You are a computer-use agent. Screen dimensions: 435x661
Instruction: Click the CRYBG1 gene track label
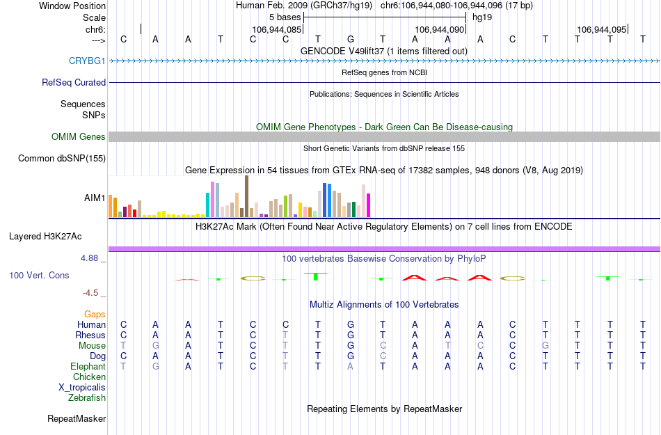click(x=87, y=61)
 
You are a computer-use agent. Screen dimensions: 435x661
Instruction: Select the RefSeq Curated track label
click(x=74, y=82)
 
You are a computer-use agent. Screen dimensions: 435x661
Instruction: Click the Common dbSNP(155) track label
click(x=61, y=159)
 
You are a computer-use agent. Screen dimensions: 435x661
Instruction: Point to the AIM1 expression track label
click(x=95, y=198)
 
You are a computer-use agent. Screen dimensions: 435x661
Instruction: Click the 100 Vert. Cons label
click(x=39, y=276)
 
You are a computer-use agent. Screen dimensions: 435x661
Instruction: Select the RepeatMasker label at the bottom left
click(x=77, y=419)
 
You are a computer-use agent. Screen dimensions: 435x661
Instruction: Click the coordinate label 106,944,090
click(x=439, y=30)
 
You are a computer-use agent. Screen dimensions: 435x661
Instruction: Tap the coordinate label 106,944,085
click(x=277, y=30)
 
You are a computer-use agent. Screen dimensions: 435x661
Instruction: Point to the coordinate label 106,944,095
click(x=601, y=30)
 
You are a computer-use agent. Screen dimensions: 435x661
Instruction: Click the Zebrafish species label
click(x=87, y=398)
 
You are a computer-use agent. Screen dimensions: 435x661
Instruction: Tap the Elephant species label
click(x=88, y=367)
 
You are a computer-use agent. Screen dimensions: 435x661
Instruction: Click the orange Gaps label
click(x=95, y=315)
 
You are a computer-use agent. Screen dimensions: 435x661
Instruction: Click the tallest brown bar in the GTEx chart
click(x=246, y=196)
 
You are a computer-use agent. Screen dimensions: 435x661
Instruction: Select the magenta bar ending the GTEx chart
click(x=369, y=205)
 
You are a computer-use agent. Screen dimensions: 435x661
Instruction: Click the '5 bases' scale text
click(x=285, y=17)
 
